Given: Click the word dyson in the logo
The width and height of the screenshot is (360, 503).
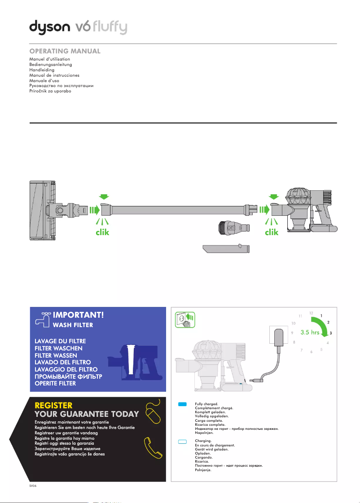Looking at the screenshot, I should [50, 27].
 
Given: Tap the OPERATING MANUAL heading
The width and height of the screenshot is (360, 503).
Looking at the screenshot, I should [65, 51].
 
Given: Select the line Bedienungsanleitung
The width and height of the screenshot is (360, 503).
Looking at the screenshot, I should [50, 65].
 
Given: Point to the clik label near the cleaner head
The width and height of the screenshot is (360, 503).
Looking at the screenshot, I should [101, 232].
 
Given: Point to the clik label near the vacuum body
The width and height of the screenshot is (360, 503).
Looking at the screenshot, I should [272, 232].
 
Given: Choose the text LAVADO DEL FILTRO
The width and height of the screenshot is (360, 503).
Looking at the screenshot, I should [63, 362].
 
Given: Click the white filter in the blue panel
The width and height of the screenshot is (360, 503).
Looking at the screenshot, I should [131, 359].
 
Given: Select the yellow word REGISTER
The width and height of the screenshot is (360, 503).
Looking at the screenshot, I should [53, 406].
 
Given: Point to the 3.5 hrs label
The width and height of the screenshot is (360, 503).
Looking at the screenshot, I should [310, 333].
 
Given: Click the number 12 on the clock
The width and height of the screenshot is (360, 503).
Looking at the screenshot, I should [311, 312].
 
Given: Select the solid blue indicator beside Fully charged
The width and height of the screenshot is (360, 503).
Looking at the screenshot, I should [182, 404].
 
